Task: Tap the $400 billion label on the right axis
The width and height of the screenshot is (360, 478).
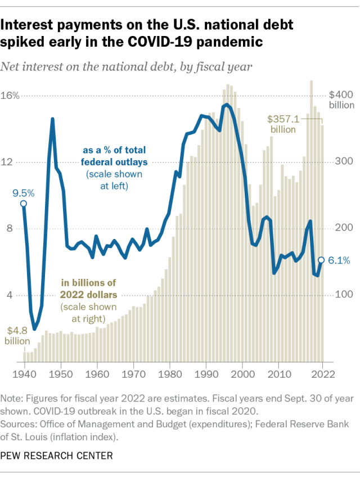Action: coord(340,100)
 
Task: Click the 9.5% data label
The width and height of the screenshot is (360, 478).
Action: coord(24,193)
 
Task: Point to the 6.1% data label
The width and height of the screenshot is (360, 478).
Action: coord(339,260)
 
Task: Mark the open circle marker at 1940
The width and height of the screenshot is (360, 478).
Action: coord(24,204)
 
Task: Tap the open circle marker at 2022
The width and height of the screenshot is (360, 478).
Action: coord(321,260)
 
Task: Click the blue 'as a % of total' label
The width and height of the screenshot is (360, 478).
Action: coord(114,150)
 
